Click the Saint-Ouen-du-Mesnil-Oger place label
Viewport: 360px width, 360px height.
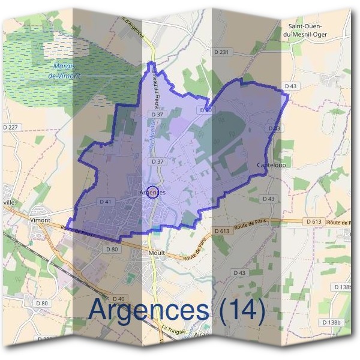click(306, 31)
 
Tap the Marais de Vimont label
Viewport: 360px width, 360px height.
click(65, 71)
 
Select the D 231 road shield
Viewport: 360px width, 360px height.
click(221, 53)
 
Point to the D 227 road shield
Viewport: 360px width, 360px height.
click(10, 127)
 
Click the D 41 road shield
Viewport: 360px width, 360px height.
click(106, 201)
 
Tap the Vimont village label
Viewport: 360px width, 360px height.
click(40, 220)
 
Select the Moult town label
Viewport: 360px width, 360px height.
click(156, 253)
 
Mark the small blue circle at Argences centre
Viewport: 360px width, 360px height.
click(152, 192)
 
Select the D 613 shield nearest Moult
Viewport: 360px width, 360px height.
click(221, 230)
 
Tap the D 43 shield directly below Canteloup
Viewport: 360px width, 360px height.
click(269, 199)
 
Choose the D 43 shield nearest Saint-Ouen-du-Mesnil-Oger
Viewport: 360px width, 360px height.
click(290, 86)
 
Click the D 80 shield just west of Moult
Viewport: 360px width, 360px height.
click(111, 249)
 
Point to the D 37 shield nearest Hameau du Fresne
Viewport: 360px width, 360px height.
click(157, 114)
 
